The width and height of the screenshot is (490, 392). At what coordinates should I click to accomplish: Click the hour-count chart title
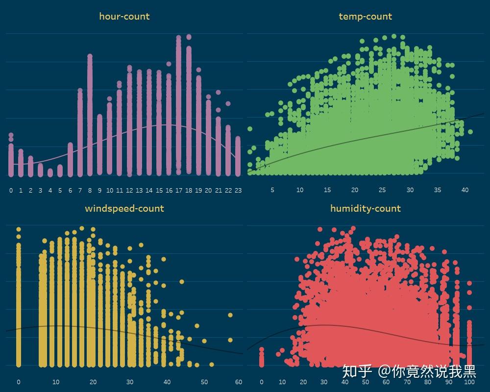pyautogui.click(x=124, y=16)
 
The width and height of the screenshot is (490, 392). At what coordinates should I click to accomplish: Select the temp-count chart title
pyautogui.click(x=366, y=16)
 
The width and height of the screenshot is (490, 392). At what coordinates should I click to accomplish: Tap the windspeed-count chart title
pyautogui.click(x=124, y=208)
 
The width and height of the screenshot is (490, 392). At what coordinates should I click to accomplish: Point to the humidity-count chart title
pyautogui.click(x=366, y=208)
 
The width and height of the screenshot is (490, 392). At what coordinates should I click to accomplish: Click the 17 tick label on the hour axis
pyautogui.click(x=179, y=190)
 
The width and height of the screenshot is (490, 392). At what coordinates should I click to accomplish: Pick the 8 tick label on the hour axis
pyautogui.click(x=90, y=190)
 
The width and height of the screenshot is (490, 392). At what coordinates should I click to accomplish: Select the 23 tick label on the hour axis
pyautogui.click(x=238, y=190)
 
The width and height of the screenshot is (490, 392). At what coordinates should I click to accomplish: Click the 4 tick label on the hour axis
pyautogui.click(x=50, y=190)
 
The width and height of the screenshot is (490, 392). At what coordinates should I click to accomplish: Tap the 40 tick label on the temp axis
pyautogui.click(x=465, y=190)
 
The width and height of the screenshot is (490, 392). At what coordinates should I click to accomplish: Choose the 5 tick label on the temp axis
pyautogui.click(x=272, y=190)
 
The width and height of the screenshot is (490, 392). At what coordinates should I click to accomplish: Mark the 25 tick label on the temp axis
pyautogui.click(x=382, y=190)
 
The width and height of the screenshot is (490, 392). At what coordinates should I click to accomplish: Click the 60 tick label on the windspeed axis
pyautogui.click(x=239, y=382)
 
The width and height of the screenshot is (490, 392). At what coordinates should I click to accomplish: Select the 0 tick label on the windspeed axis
pyautogui.click(x=19, y=382)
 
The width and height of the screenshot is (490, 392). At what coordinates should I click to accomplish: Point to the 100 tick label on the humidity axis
pyautogui.click(x=469, y=382)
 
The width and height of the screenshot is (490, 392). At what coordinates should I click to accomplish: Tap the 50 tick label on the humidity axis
pyautogui.click(x=366, y=382)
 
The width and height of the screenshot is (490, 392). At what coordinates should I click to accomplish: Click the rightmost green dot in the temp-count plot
pyautogui.click(x=470, y=132)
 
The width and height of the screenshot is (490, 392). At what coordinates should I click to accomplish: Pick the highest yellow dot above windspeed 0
pyautogui.click(x=19, y=229)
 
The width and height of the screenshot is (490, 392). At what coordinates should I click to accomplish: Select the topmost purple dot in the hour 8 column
pyautogui.click(x=90, y=56)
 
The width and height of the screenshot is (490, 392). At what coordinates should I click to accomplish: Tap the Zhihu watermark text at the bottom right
pyautogui.click(x=409, y=371)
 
